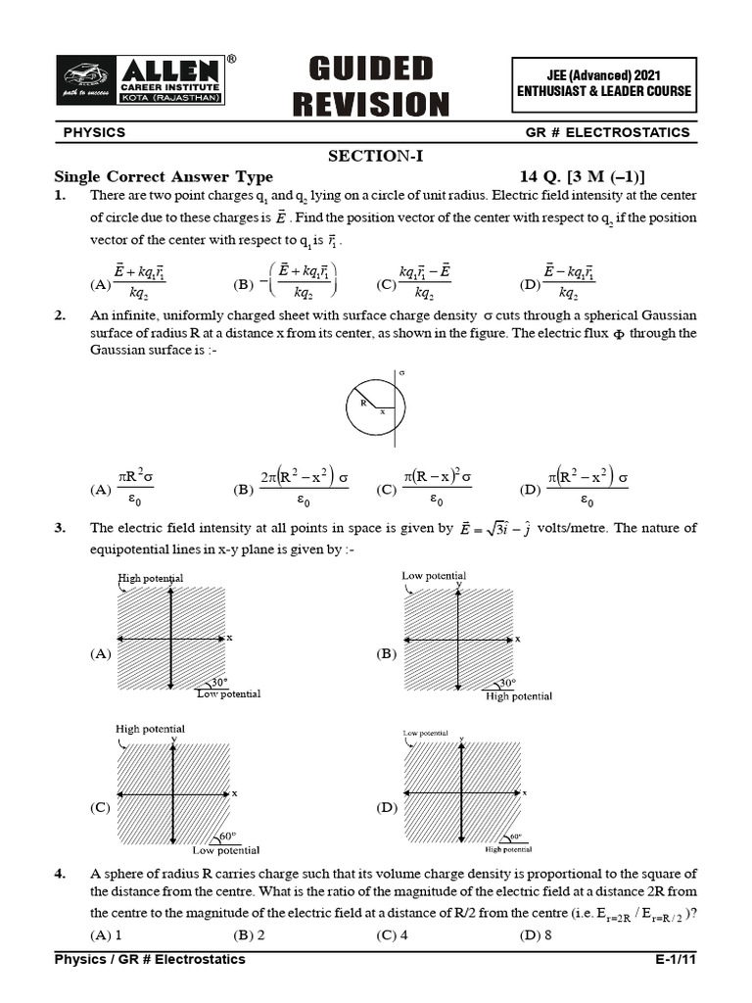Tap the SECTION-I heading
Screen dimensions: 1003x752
[x=375, y=156]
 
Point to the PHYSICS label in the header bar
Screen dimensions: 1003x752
[x=94, y=132]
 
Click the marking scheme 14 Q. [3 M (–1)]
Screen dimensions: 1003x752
[x=583, y=176]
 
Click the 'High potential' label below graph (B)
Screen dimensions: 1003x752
[x=519, y=696]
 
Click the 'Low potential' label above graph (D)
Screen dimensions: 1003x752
[x=425, y=732]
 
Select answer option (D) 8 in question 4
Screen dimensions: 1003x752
[x=537, y=934]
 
